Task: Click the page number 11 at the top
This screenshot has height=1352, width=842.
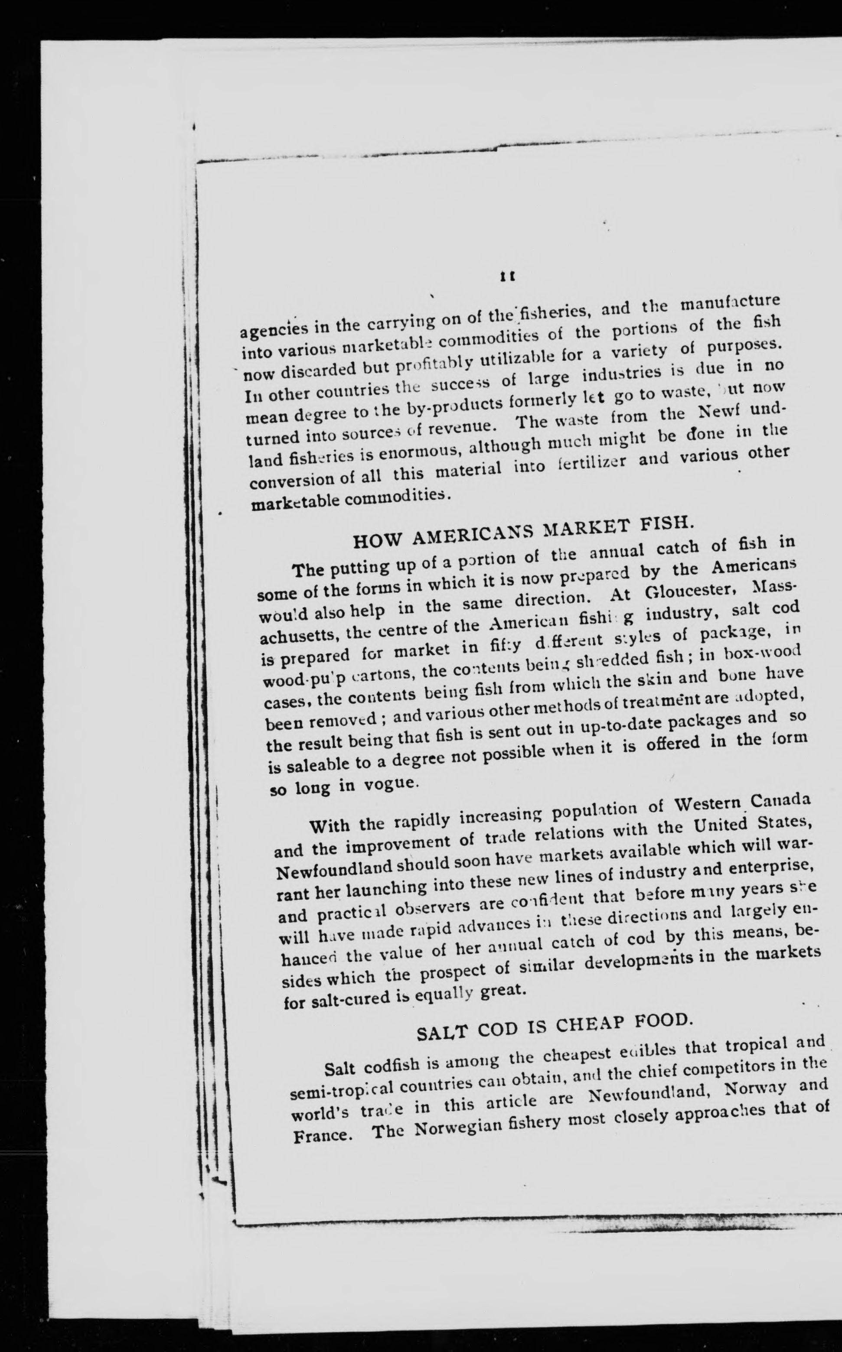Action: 507,275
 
